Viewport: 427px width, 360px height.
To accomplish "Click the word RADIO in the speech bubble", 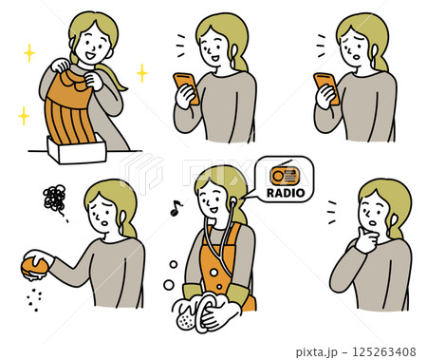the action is point(286,193).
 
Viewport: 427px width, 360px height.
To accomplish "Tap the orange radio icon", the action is point(285,174).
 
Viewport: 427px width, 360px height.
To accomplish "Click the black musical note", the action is point(176,208).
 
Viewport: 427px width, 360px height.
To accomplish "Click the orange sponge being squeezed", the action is point(34,268).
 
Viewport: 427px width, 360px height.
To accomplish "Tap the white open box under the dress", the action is point(77,149).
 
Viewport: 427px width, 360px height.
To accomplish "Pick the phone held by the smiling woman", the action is point(186,87).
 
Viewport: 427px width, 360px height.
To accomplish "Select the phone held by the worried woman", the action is point(326,87).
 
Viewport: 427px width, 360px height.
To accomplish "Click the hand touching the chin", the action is point(366,239).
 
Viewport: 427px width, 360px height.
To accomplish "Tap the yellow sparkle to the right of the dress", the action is point(142,73).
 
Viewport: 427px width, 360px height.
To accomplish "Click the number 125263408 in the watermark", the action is point(384,351).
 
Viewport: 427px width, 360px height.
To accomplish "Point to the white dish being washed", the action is point(207,312).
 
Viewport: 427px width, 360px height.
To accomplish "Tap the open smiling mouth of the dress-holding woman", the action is point(91,56).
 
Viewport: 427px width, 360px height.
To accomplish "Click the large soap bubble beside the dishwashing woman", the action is point(169,285).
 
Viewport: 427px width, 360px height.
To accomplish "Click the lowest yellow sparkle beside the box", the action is point(24,116).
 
